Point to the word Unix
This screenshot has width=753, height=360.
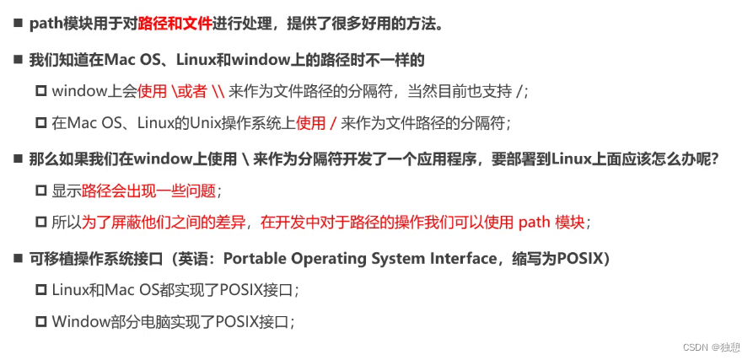coord(200,123)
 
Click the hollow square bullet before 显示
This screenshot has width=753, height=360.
coord(40,191)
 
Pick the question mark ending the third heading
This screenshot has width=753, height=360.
coord(714,158)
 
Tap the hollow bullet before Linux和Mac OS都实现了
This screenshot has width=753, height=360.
coord(40,289)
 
